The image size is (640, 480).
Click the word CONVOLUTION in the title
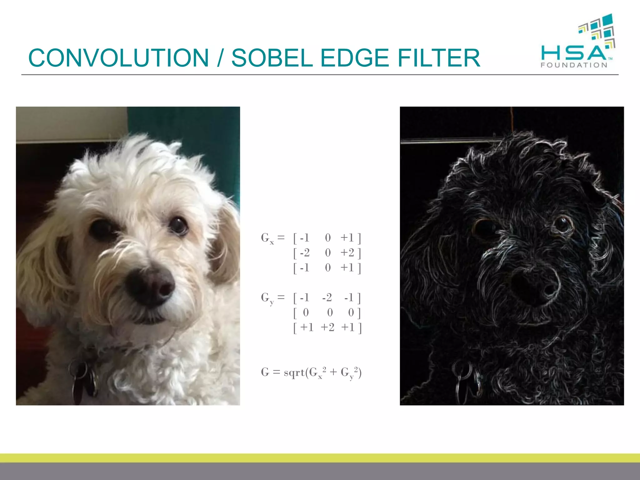118,58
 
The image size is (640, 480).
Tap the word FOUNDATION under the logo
574,65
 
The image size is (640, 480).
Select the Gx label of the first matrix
267,238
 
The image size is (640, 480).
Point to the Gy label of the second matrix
267,298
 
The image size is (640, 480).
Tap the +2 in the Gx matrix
347,253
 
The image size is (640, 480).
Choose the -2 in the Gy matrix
327,298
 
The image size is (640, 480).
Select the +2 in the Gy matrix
327,327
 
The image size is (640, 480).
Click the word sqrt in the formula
294,372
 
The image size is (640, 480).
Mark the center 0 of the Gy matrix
330,312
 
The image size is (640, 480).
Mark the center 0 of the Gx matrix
328,253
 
